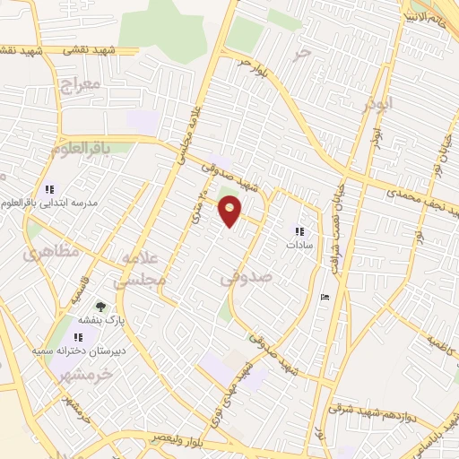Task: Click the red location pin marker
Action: coord(230,212)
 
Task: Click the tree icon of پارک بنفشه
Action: coord(100,307)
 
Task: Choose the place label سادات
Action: coord(298,245)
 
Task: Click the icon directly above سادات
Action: coord(299,231)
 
